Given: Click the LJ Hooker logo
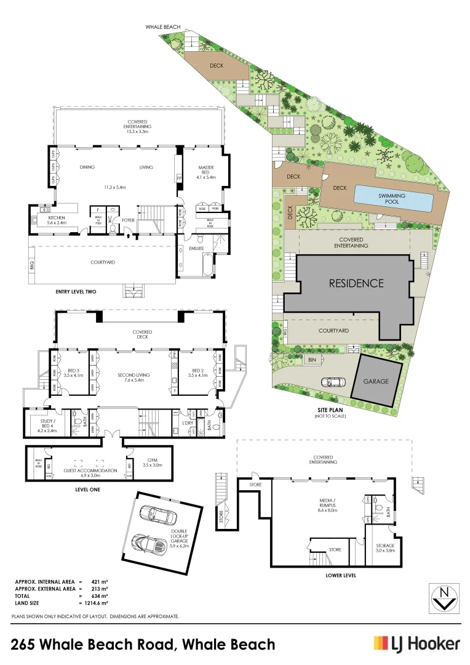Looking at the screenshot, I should [x=416, y=644].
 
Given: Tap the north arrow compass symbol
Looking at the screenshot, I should [x=444, y=597].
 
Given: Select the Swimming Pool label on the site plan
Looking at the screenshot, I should [x=392, y=198].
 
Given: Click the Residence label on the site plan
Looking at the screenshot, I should [x=356, y=283].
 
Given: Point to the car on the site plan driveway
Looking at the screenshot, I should [x=332, y=381].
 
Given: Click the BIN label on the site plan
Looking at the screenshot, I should [x=312, y=359].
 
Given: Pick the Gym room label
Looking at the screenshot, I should [x=153, y=463].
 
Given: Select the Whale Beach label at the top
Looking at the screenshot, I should [x=163, y=27].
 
